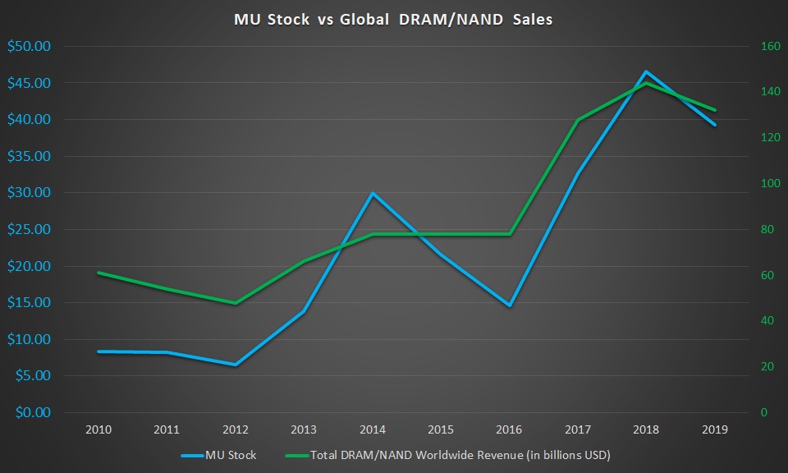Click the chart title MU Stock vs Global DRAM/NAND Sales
[394, 19]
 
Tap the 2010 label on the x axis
[98, 429]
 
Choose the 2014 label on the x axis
[373, 429]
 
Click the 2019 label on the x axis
[715, 429]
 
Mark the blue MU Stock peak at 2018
[647, 72]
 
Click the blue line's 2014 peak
[373, 193]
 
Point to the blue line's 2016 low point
[510, 305]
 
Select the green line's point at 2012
[236, 303]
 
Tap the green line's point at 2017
[578, 120]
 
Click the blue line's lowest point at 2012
[236, 365]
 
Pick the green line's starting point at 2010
[98, 273]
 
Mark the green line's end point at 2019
[715, 110]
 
